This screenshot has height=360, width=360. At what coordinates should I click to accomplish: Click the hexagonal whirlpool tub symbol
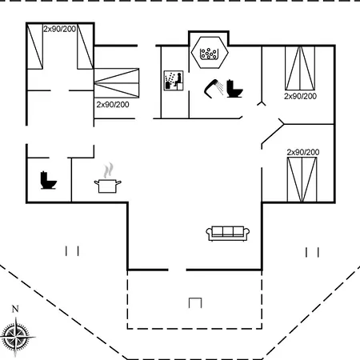(210, 53)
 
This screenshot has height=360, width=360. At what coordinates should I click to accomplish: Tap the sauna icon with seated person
(174, 81)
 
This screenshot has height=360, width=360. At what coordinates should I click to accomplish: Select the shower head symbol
(214, 88)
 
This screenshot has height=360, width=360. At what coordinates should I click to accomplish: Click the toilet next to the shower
(234, 89)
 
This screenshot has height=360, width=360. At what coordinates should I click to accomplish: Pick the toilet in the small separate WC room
(49, 180)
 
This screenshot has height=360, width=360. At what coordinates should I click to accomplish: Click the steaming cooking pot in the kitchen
(108, 178)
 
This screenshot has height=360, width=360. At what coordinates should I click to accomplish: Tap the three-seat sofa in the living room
(228, 234)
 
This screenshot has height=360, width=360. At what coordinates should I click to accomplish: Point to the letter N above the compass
(15, 309)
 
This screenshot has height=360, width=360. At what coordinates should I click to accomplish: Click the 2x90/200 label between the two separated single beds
(60, 29)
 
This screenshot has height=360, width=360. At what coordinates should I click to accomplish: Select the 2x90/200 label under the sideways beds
(113, 105)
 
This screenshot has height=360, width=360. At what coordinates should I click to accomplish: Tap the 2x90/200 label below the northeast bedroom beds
(300, 96)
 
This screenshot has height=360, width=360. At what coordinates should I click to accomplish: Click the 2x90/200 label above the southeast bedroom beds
(303, 152)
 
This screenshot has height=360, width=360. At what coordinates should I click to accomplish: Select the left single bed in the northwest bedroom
(35, 46)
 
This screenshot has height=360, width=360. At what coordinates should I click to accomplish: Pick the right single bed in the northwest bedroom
(86, 46)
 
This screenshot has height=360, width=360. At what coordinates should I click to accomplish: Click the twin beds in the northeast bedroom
(300, 68)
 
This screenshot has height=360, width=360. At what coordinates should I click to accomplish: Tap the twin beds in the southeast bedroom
(302, 179)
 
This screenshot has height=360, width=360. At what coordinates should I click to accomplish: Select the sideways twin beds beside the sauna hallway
(117, 83)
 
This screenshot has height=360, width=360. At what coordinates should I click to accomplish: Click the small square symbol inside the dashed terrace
(195, 303)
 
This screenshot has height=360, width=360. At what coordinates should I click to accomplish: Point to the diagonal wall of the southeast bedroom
(273, 134)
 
